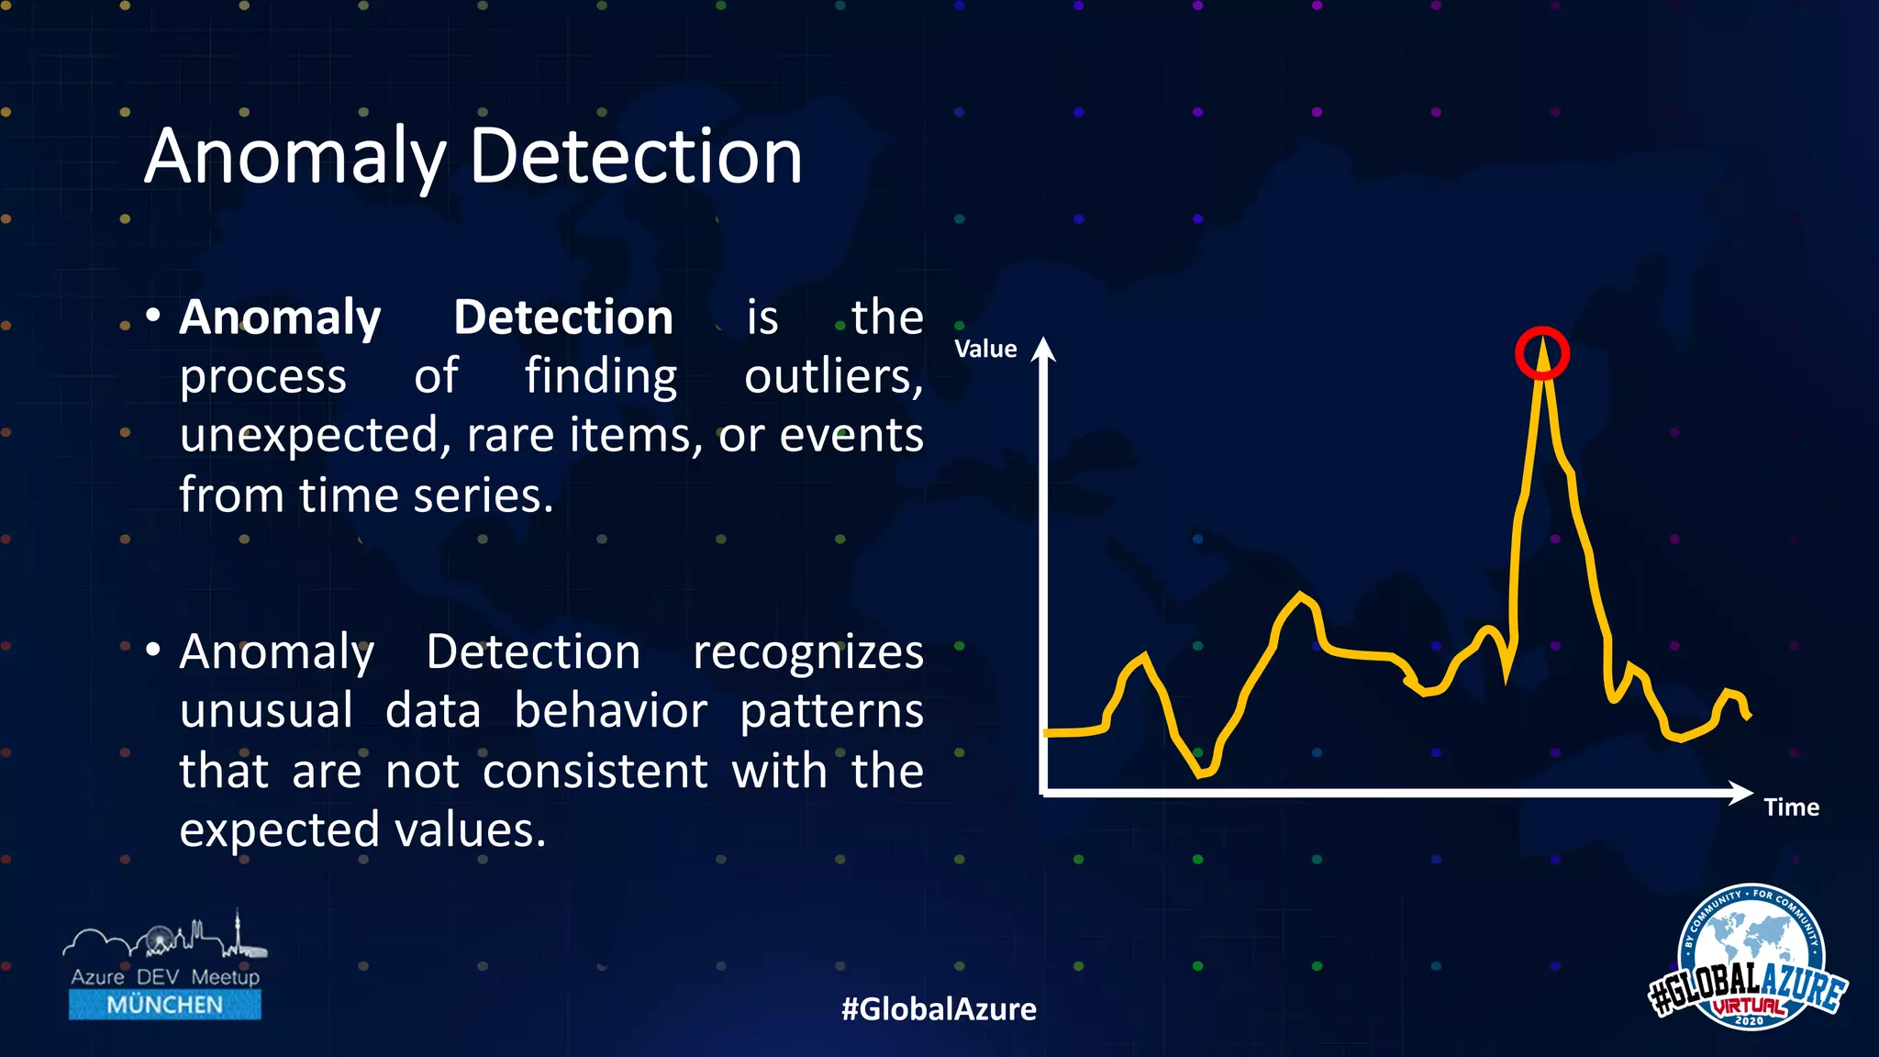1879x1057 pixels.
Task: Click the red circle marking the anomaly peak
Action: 1541,353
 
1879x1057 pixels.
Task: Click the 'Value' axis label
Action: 985,349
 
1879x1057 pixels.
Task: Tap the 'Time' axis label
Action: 1791,807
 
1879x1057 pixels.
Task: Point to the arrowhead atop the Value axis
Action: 1043,350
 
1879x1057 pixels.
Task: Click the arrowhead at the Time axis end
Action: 1740,793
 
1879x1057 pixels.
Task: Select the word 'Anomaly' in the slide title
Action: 294,158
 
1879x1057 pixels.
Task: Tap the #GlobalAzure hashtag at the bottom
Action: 939,1009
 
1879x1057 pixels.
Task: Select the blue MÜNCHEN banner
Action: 165,1005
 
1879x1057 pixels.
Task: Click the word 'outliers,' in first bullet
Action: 833,376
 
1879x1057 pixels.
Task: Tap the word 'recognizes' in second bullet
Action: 807,652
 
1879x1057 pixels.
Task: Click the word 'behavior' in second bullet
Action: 610,711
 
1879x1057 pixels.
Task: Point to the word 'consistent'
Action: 595,771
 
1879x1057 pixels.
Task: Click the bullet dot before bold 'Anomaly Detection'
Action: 154,317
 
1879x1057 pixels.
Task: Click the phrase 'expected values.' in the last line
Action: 362,830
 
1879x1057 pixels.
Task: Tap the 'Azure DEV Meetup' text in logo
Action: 165,977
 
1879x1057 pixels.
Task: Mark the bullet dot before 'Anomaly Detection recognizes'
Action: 154,651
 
